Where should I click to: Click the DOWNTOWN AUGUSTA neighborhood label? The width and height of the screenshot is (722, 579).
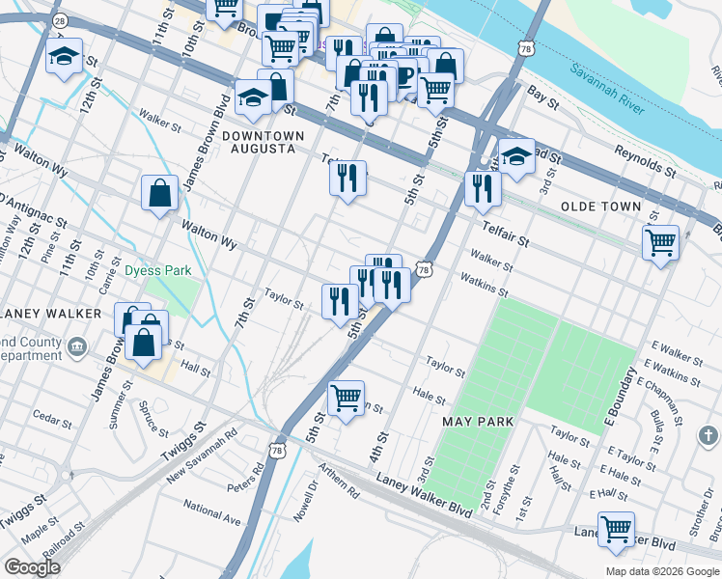263,142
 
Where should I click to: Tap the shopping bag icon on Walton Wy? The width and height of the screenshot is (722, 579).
159,193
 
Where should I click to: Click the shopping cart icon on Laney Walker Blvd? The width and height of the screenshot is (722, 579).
616,529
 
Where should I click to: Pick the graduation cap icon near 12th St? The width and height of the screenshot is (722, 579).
65,60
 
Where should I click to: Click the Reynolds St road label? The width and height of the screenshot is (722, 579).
645,161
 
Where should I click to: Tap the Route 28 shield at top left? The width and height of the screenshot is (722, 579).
59,19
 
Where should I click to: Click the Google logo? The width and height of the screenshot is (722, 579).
32,567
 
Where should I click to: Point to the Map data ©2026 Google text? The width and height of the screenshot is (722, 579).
661,571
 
